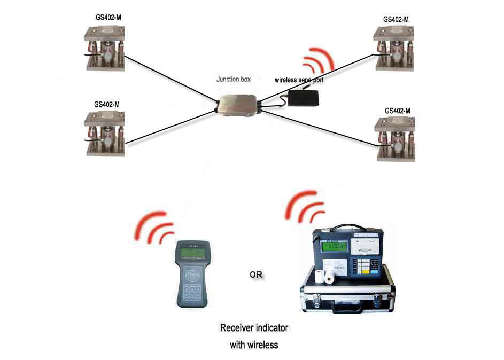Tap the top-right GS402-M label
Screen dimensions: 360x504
coord(396,19)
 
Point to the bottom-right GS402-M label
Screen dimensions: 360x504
coord(397,111)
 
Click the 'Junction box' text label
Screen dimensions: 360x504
coord(233,80)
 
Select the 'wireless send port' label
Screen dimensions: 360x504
coord(299,81)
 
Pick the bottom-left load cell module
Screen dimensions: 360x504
coord(106,134)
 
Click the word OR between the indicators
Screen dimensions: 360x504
coord(256,275)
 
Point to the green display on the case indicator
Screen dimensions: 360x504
coord(331,246)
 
